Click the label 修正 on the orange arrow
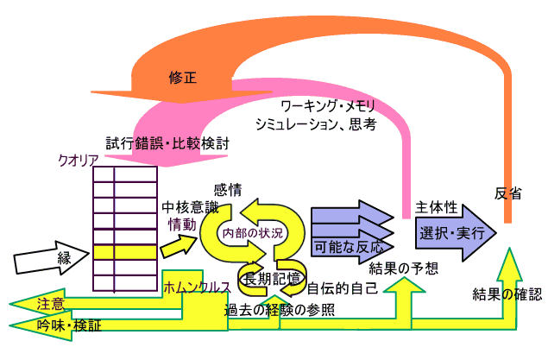185,78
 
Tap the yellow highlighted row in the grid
125,252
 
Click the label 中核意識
187,207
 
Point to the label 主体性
437,208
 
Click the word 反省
508,193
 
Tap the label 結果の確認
507,294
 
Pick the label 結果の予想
401,268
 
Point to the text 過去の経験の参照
279,309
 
